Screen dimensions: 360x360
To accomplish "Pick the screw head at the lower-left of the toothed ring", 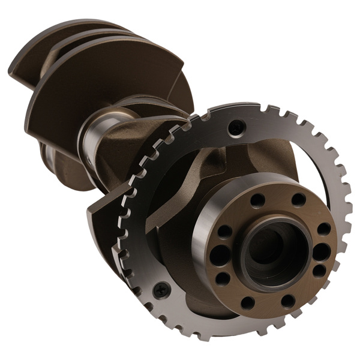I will point(160,290).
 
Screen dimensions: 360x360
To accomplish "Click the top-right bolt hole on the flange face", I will point(298,199).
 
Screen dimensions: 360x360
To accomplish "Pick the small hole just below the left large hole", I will point(223,278).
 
